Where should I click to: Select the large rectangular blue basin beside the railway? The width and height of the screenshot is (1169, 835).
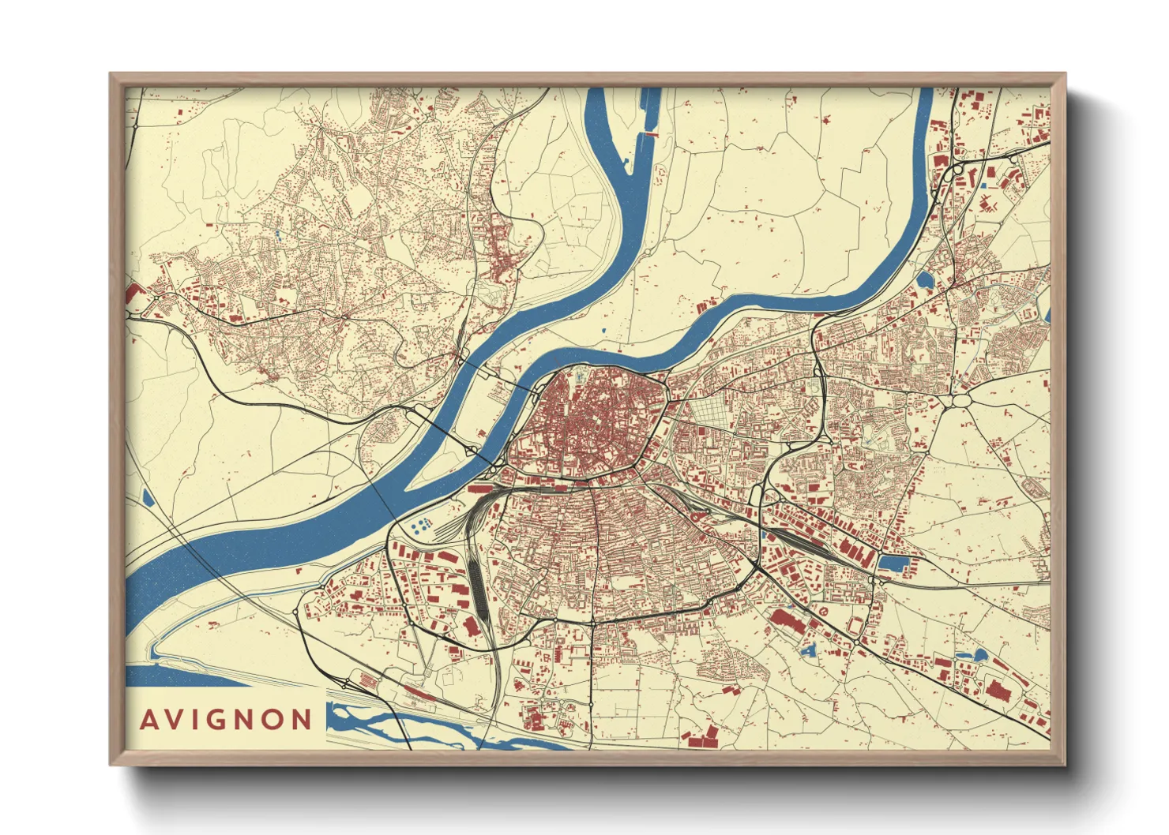(x=894, y=564)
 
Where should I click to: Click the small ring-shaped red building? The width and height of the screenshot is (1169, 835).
(x=825, y=611)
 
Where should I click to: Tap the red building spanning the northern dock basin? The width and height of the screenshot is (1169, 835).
(x=651, y=135)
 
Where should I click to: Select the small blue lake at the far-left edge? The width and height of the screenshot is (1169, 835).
(x=148, y=498)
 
